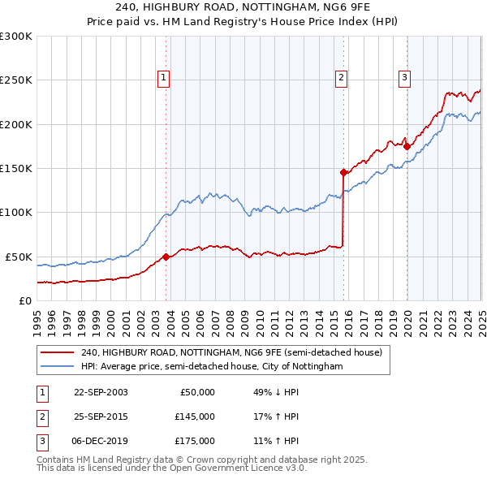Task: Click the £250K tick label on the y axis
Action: click(15, 80)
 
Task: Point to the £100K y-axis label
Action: click(15, 213)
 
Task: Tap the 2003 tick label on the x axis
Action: click(156, 317)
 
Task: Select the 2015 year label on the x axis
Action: click(334, 317)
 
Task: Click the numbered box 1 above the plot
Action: click(163, 78)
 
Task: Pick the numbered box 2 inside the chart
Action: click(341, 78)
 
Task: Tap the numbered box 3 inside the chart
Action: click(404, 78)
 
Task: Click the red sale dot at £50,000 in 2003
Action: click(166, 257)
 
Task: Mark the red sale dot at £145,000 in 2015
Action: click(343, 172)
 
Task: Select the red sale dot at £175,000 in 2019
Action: click(407, 146)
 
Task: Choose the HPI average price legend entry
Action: click(211, 367)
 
